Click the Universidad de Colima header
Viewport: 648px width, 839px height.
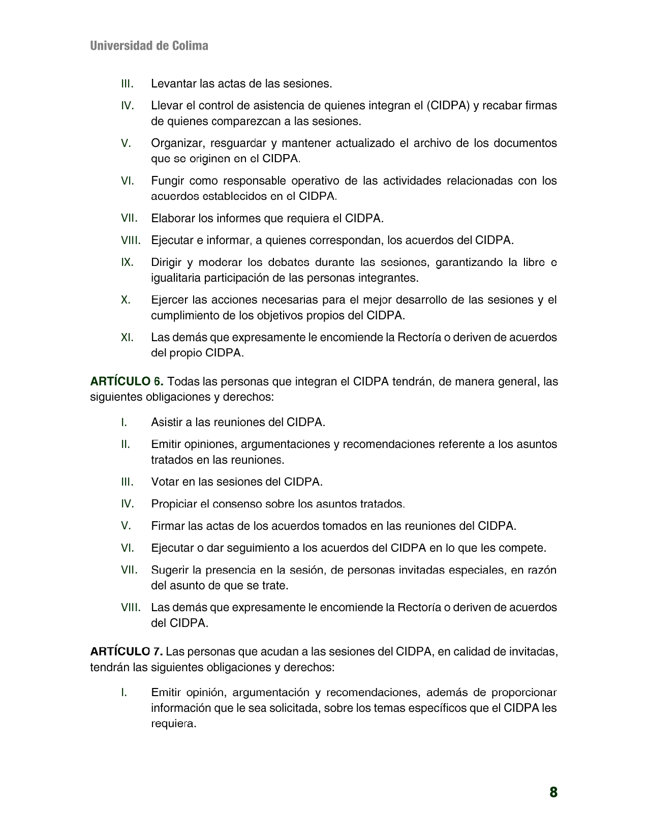point(149,46)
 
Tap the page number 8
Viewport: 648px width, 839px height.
point(553,792)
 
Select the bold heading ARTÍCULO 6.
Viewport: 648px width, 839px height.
point(127,381)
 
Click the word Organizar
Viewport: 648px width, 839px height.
point(177,143)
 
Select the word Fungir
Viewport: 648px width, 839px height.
point(167,181)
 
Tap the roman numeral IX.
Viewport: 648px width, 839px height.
point(127,262)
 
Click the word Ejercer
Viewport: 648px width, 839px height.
point(169,300)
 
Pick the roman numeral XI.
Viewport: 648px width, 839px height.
point(127,337)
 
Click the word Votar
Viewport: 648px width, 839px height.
point(164,482)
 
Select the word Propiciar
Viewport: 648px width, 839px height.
point(173,504)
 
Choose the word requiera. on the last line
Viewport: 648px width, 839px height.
point(173,724)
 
